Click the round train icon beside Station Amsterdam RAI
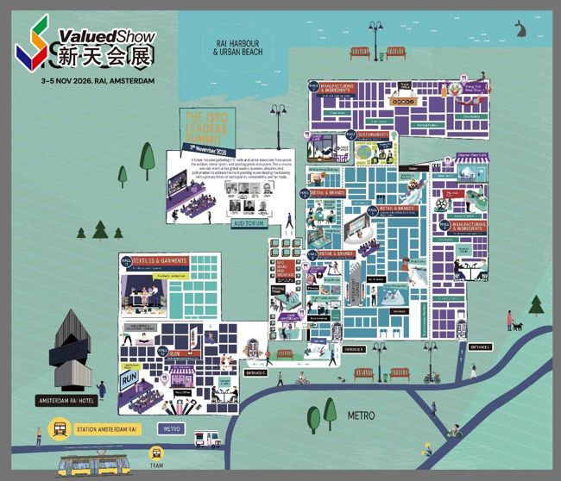[x=59, y=428]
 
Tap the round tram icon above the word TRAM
[x=156, y=452]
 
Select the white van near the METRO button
[x=207, y=438]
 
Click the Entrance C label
[x=255, y=372]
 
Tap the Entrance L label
[x=479, y=347]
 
